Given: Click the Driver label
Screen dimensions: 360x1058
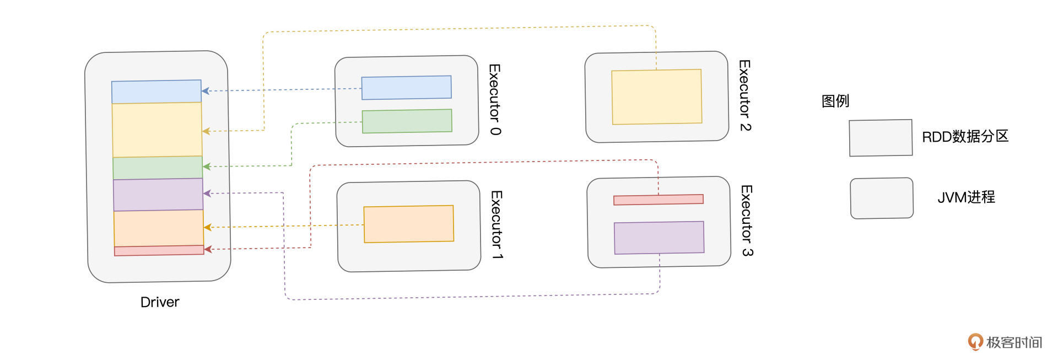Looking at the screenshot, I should pos(160,302).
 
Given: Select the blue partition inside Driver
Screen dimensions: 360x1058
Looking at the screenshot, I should pos(156,92).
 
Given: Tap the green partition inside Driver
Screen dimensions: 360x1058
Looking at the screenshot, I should pos(158,168).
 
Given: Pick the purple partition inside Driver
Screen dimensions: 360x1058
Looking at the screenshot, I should pos(158,195).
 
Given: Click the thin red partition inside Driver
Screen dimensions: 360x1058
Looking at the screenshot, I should pos(159,250).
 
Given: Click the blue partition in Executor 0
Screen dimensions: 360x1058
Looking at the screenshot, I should pos(407,88).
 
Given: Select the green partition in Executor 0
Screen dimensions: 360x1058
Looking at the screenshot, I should pos(407,121).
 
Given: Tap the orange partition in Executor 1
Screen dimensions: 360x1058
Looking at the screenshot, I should pos(409,224).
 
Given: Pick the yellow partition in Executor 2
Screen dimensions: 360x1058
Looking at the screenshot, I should pos(657,97).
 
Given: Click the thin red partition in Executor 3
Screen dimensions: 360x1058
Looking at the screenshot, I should pos(658,200).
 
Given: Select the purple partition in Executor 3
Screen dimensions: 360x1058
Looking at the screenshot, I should pos(659,238).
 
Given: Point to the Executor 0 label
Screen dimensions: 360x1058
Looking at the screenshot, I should pos(495,99).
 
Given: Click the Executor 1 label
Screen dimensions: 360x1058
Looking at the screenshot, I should pos(496,225).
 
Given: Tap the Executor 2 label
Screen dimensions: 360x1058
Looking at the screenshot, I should pos(744,95).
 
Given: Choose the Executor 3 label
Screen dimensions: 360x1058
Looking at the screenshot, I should pos(746,221).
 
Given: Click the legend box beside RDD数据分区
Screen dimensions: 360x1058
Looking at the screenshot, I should pos(881,138).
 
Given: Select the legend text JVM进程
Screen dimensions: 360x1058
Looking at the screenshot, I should pos(966,197).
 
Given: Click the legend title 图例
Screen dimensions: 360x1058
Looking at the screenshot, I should pos(835,101).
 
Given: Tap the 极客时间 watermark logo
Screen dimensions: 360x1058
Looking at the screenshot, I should pos(1005,342).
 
